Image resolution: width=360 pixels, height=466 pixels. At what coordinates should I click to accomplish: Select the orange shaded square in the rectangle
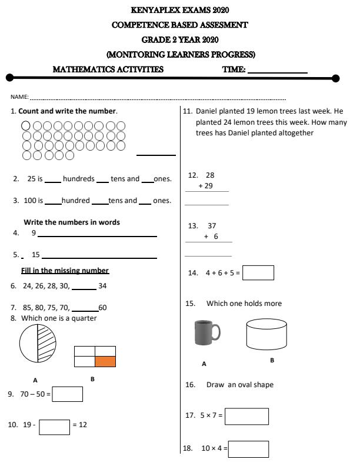(x=105, y=362)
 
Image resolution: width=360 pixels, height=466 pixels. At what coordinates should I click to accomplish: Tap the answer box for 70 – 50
(x=67, y=394)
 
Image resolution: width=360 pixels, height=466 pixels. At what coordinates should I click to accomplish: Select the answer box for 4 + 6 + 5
(x=258, y=273)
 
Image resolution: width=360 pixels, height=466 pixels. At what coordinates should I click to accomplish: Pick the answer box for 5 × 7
(x=246, y=416)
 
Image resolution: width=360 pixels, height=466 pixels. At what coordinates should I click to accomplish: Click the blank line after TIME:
(x=278, y=72)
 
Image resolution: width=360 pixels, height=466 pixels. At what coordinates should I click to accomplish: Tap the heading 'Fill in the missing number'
(x=65, y=271)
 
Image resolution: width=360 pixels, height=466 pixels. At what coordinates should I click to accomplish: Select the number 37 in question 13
(x=212, y=226)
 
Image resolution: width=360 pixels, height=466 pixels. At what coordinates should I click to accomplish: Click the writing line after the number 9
(x=97, y=236)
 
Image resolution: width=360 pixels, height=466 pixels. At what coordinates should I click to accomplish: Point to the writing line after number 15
(x=99, y=258)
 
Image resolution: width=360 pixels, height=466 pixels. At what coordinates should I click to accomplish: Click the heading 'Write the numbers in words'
(x=72, y=222)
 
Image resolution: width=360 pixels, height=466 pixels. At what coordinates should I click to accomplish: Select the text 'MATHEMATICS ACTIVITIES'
(x=108, y=69)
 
